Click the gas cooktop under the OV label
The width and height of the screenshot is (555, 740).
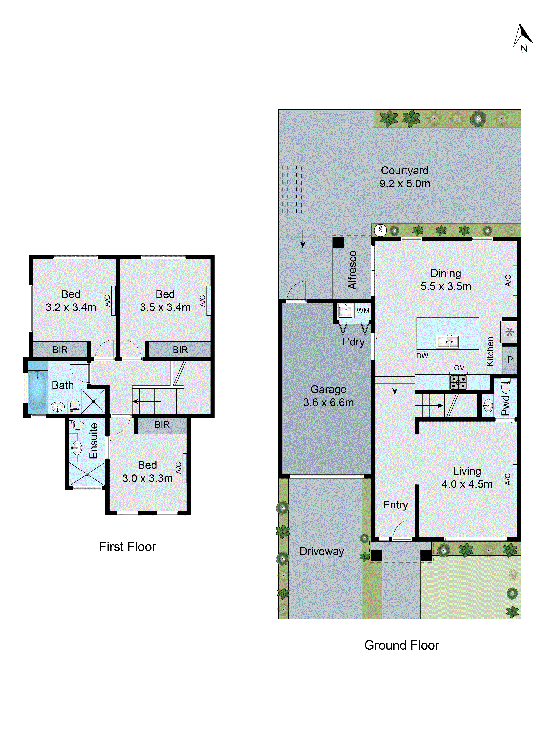tap(458, 382)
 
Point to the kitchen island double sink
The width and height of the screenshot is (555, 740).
tap(448, 342)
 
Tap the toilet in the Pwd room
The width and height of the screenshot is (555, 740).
tap(505, 387)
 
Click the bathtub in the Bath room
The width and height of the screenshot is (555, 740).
tap(37, 390)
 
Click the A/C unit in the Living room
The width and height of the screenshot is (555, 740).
tap(514, 479)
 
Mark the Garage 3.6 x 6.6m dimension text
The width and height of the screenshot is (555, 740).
tap(328, 402)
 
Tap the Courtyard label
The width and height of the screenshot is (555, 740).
tap(404, 171)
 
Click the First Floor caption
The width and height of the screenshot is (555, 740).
tap(127, 547)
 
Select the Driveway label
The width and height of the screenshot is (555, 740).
tap(322, 551)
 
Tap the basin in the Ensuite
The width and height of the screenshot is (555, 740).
tap(77, 447)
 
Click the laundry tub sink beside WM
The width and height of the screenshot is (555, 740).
tap(345, 311)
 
